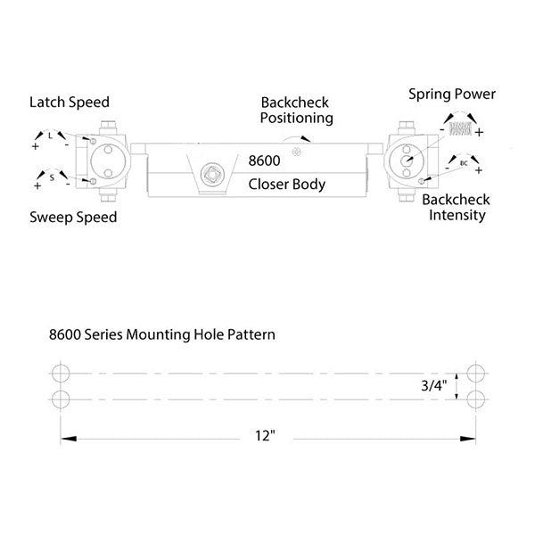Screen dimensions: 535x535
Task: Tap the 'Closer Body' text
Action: tap(286, 185)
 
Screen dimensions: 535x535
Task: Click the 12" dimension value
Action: tap(266, 437)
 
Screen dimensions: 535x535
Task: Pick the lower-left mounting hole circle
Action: tap(61, 397)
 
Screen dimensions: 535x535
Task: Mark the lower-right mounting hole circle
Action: tap(473, 397)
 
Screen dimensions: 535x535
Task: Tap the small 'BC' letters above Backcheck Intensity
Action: tap(463, 164)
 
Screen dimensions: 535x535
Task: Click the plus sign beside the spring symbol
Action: tap(480, 132)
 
